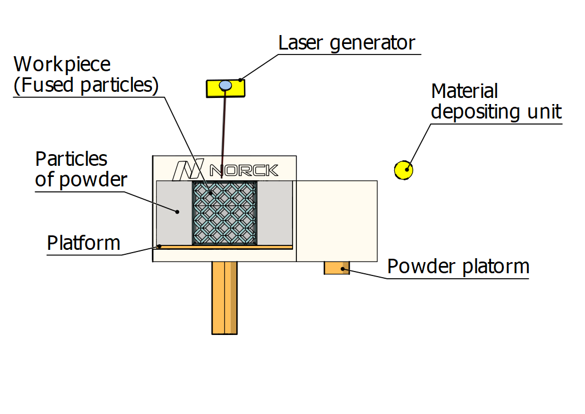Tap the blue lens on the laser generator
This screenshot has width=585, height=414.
pyautogui.click(x=225, y=85)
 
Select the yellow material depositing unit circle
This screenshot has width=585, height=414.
pyautogui.click(x=404, y=170)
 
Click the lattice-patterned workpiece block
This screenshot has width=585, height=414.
pyautogui.click(x=225, y=213)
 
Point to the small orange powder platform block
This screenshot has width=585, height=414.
pyautogui.click(x=336, y=268)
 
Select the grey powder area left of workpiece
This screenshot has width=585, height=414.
pyautogui.click(x=174, y=213)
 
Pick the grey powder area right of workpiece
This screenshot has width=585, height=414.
pyautogui.click(x=275, y=213)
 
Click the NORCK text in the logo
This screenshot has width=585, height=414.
pyautogui.click(x=244, y=170)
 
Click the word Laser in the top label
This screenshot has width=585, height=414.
pyautogui.click(x=302, y=43)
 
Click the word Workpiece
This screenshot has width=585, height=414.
pyautogui.click(x=62, y=65)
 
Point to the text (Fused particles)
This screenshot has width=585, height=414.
pyautogui.click(x=86, y=86)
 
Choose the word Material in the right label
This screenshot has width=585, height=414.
pyautogui.click(x=464, y=91)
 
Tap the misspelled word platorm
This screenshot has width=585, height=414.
pyautogui.click(x=496, y=267)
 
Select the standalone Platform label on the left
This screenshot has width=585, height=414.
pyautogui.click(x=83, y=243)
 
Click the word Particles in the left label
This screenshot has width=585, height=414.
pyautogui.click(x=71, y=159)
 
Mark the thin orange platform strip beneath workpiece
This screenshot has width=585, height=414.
pyautogui.click(x=225, y=247)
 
